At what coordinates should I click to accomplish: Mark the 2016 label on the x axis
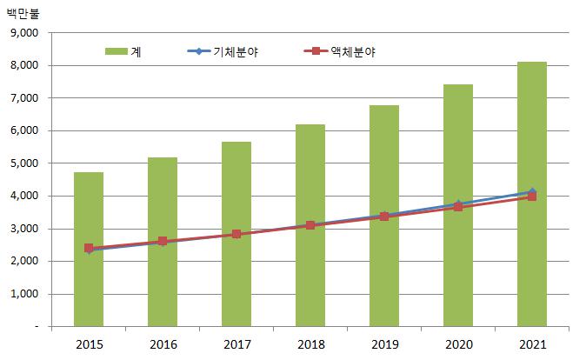coord(163,344)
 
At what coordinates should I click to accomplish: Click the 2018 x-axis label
coord(310,344)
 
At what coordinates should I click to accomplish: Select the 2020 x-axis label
coord(458,344)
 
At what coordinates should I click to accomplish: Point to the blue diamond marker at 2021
coord(532,191)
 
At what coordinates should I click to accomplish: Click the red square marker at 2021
coord(531,197)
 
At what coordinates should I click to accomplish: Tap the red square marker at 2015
coord(89,248)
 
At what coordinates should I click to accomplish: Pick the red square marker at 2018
coord(310,225)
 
